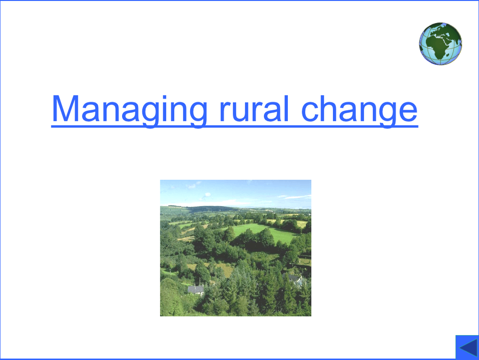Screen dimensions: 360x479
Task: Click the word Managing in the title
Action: (x=129, y=109)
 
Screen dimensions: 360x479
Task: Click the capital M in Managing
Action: (x=65, y=108)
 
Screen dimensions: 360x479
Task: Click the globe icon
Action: (x=440, y=43)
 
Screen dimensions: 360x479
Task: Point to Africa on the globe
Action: (x=440, y=46)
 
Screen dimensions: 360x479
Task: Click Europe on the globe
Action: (x=437, y=30)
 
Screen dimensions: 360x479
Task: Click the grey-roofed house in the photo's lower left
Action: (x=195, y=290)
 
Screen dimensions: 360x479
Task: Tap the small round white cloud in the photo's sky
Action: (x=207, y=195)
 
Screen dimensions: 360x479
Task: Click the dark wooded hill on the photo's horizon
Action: (x=211, y=209)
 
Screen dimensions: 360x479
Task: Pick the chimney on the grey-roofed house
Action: (x=199, y=282)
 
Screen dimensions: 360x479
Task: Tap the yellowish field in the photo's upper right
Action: (x=301, y=223)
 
